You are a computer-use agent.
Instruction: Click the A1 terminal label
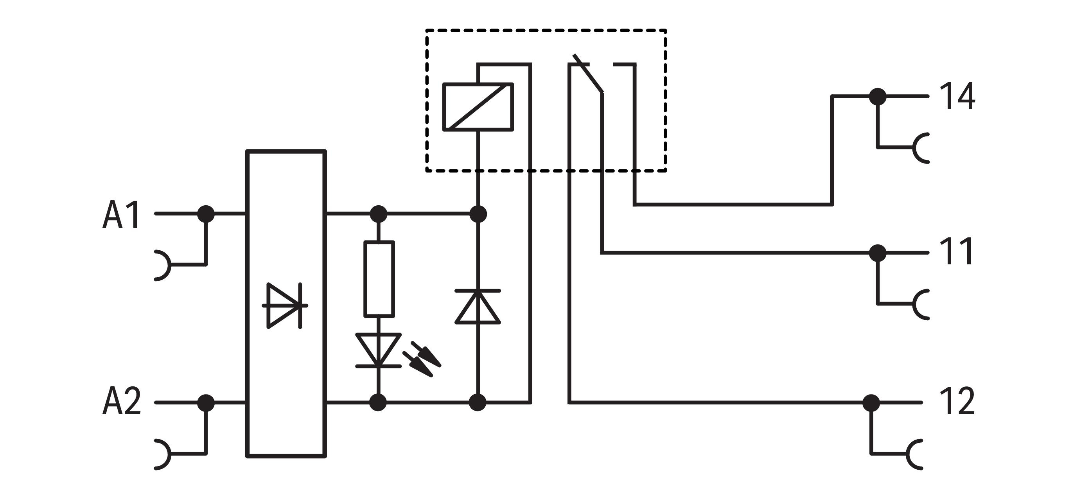[121, 215]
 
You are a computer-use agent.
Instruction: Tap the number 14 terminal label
[957, 97]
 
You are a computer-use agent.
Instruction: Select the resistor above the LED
[379, 278]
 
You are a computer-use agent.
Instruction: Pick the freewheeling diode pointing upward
[478, 307]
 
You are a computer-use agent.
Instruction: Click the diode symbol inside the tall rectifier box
[284, 305]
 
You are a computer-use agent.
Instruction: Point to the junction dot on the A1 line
[206, 214]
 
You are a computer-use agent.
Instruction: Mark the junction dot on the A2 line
[206, 402]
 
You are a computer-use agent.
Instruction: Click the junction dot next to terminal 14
[878, 97]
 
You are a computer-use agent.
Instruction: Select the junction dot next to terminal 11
[878, 253]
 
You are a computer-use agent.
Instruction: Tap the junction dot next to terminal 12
[871, 402]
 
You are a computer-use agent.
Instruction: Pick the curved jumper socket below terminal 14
[921, 148]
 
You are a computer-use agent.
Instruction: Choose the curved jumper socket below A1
[163, 266]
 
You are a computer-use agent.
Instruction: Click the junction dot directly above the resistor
[378, 214]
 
